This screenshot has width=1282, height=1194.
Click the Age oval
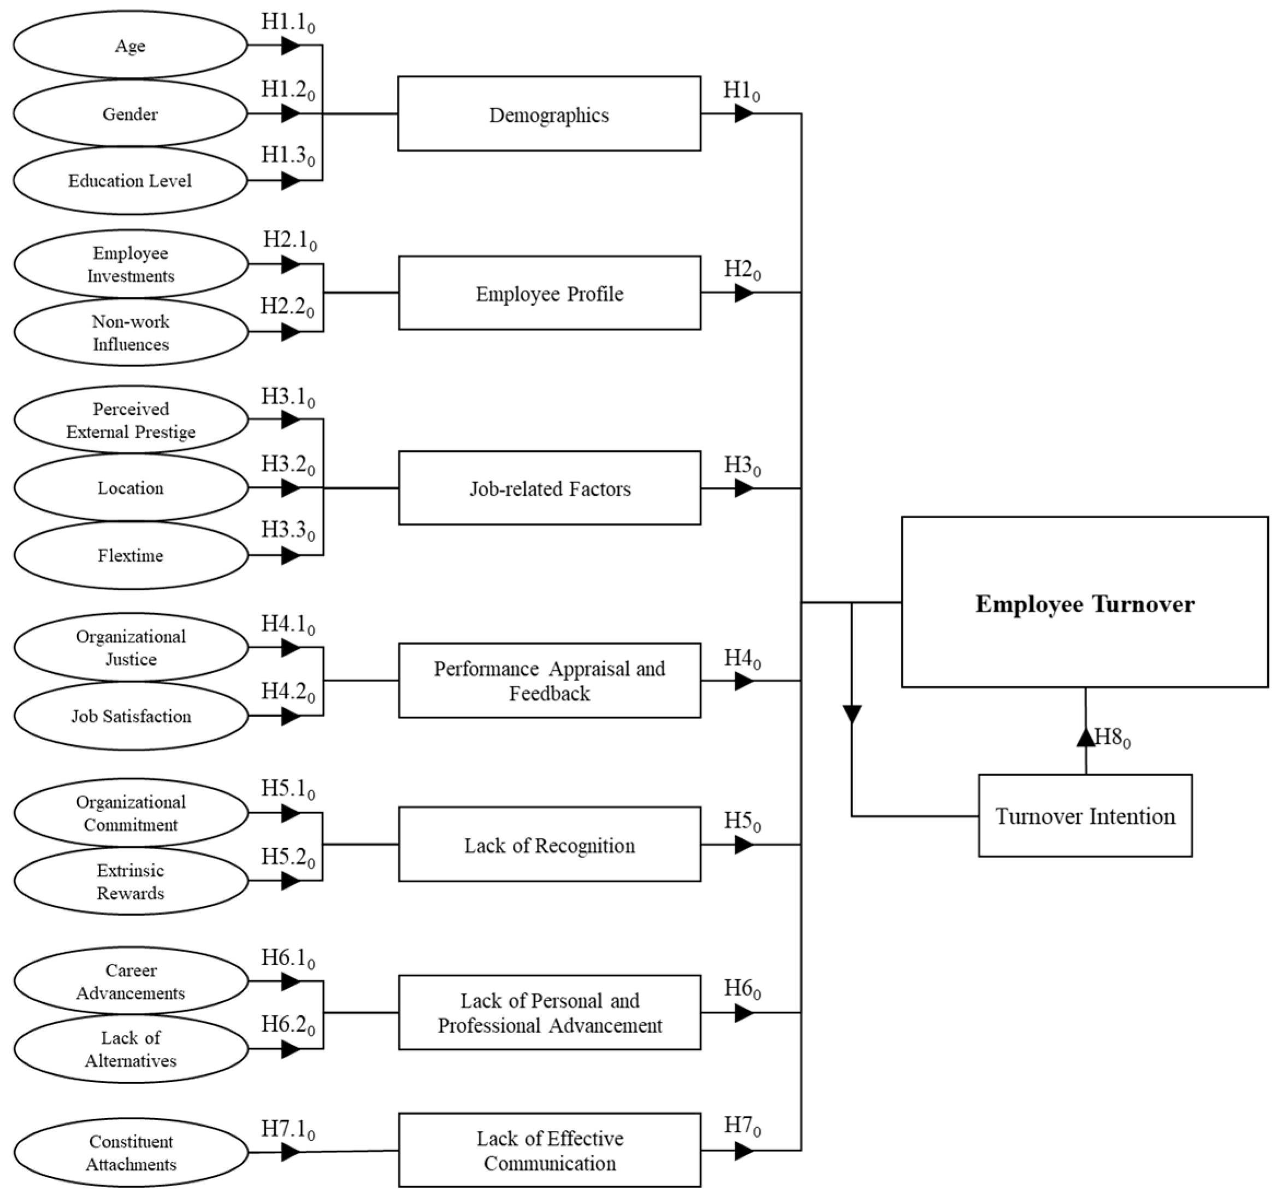[x=129, y=46]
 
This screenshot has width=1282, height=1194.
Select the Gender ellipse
[x=129, y=114]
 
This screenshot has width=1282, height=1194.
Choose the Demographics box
[x=549, y=114]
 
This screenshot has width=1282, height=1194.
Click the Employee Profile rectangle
[x=549, y=293]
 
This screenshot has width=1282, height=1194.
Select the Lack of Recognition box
[x=549, y=844]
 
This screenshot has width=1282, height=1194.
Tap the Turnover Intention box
[x=1085, y=816]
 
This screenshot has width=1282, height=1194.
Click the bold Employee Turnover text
[x=1085, y=604]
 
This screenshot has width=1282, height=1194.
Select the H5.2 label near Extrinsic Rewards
[x=288, y=857]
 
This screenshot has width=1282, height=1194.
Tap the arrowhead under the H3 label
[x=743, y=489]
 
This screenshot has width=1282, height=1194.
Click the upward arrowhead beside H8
[x=1085, y=737]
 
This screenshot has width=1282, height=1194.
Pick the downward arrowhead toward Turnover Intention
[x=852, y=714]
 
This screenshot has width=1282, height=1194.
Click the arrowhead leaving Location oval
[x=291, y=487]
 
